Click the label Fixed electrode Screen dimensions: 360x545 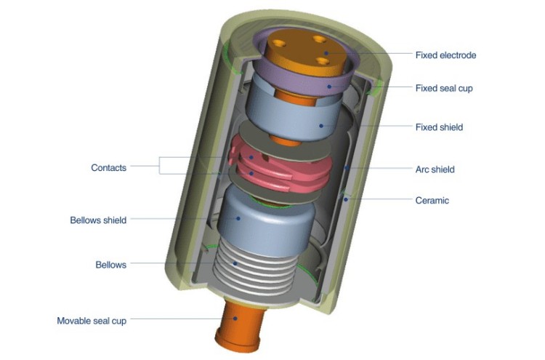[x=445, y=55]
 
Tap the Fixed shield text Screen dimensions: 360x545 [x=439, y=127]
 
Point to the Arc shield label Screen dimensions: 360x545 [x=435, y=169]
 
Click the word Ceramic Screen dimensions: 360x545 [x=432, y=200]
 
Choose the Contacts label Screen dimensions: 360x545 [x=108, y=167]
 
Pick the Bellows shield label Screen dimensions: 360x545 [x=98, y=220]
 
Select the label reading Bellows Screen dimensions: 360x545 [x=110, y=265]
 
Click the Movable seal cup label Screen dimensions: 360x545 [x=92, y=321]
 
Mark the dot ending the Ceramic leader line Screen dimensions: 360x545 [x=347, y=196]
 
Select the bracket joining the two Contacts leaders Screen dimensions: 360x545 [x=161, y=167]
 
